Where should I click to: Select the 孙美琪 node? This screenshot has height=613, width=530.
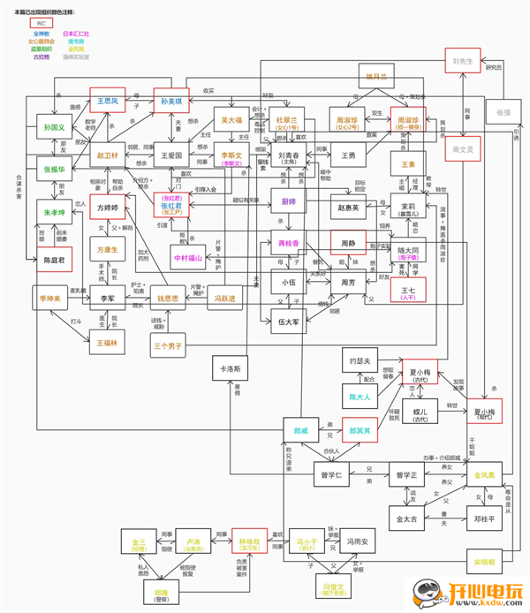click(x=173, y=102)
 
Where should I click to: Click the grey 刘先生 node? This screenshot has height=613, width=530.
click(x=466, y=63)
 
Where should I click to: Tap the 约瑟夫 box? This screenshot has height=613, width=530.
click(x=364, y=360)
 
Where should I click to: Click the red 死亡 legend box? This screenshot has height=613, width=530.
click(x=40, y=22)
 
